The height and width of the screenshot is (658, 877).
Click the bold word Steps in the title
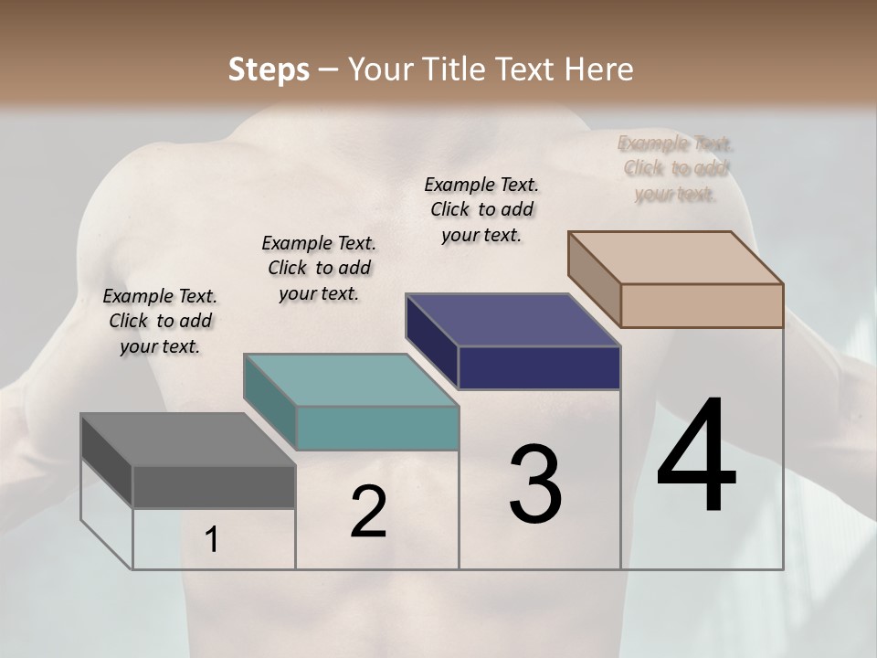coord(269,69)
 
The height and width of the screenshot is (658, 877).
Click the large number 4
coord(696,457)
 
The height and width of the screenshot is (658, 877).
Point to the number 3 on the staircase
coord(535,484)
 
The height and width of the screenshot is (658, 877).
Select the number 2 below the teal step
coord(368,512)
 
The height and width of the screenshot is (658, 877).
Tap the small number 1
coord(212,540)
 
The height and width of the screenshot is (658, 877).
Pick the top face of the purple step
coord(512,320)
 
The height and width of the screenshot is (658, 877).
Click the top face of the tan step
coord(676,258)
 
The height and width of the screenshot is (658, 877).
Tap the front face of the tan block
coord(702,305)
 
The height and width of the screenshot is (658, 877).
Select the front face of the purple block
coord(539,367)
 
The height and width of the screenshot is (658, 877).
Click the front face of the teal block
coord(377,428)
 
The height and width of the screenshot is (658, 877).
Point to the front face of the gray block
coord(214,487)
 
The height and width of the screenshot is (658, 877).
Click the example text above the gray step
coord(160,321)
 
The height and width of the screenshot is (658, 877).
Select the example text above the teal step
coord(319,268)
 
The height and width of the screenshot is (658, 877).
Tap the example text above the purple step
coord(481,209)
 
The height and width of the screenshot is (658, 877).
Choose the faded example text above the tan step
coord(675,168)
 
